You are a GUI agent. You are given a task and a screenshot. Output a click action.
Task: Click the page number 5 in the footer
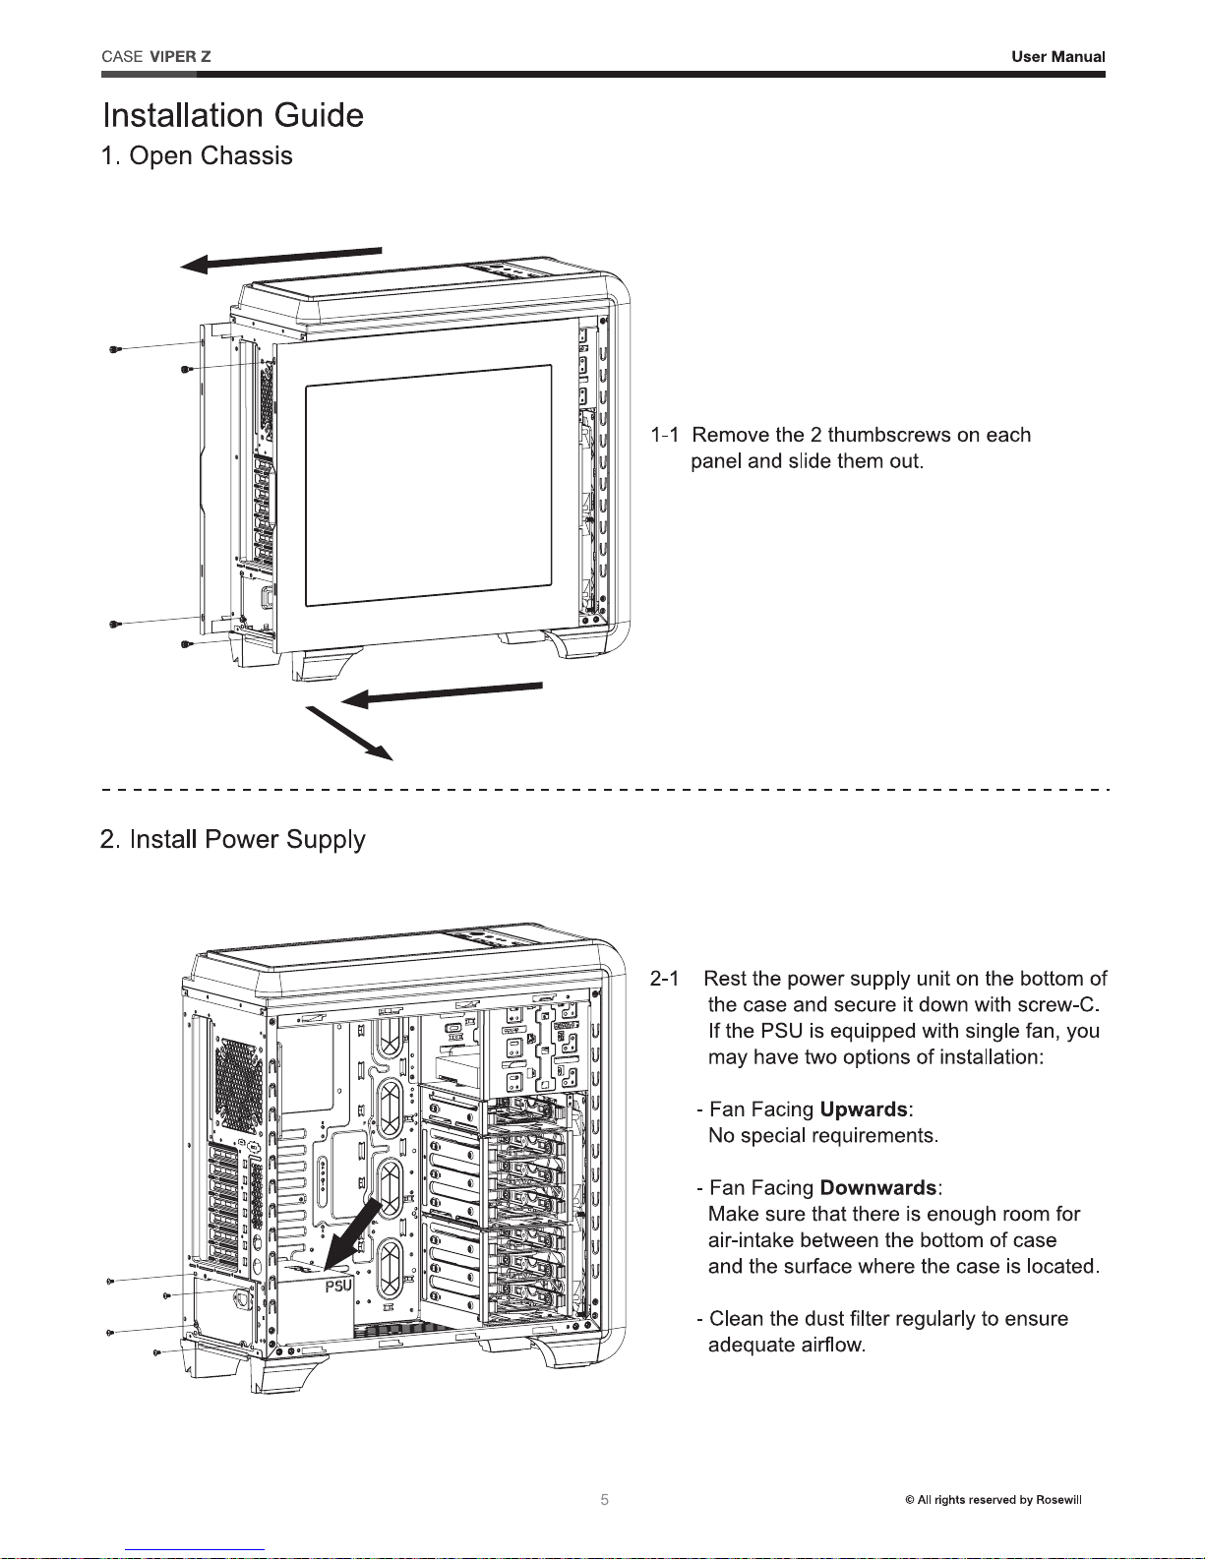pyautogui.click(x=605, y=1499)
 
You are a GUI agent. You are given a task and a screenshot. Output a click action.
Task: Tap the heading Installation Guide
pyautogui.click(x=233, y=115)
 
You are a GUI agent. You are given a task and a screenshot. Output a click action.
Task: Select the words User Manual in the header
pyautogui.click(x=1058, y=57)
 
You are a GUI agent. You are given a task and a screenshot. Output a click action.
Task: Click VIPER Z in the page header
pyautogui.click(x=180, y=57)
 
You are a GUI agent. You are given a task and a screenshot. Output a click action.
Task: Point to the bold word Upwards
pyautogui.click(x=864, y=1109)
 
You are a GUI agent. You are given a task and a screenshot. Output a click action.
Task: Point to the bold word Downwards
pyautogui.click(x=877, y=1187)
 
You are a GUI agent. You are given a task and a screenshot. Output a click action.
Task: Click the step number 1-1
pyautogui.click(x=664, y=435)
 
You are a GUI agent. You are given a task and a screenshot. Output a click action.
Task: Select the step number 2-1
pyautogui.click(x=664, y=979)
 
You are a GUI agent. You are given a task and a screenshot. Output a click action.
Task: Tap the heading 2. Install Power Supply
pyautogui.click(x=233, y=839)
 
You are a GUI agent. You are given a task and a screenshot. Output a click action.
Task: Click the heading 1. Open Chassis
pyautogui.click(x=198, y=155)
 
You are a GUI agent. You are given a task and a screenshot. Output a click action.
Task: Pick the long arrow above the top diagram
pyautogui.click(x=280, y=259)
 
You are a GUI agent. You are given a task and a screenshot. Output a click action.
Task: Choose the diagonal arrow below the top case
pyautogui.click(x=349, y=733)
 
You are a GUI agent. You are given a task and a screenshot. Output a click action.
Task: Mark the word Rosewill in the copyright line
pyautogui.click(x=1058, y=1499)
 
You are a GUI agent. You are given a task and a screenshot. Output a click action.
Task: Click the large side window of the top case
pyautogui.click(x=429, y=486)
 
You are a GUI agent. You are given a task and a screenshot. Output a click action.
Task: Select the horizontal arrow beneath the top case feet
pyautogui.click(x=441, y=695)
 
